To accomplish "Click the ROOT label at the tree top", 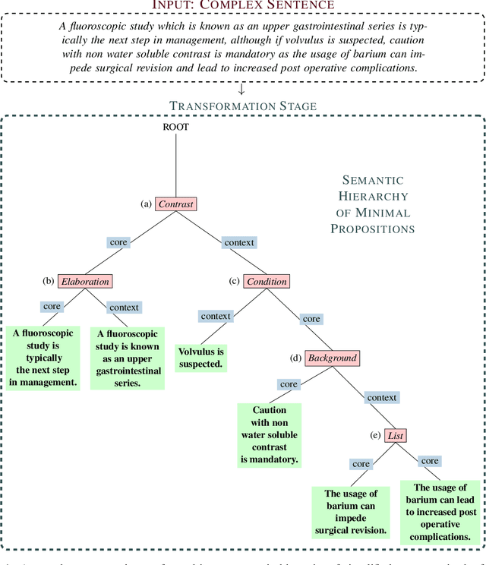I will click(175, 127).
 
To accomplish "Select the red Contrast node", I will click(175, 204).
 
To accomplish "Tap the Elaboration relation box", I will click(85, 281).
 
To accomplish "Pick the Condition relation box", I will click(267, 281).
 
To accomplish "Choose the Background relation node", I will click(332, 358).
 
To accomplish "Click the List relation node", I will click(396, 435).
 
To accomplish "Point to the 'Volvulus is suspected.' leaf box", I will click(200, 358).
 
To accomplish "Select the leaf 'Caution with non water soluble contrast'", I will click(269, 434).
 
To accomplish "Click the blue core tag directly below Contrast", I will click(119, 243).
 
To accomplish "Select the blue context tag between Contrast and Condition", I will click(239, 243).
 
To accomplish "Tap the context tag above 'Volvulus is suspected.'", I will click(216, 316).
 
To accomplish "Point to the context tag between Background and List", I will click(381, 397).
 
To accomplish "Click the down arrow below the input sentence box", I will click(241, 90).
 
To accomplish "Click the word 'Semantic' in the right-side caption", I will click(373, 180).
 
